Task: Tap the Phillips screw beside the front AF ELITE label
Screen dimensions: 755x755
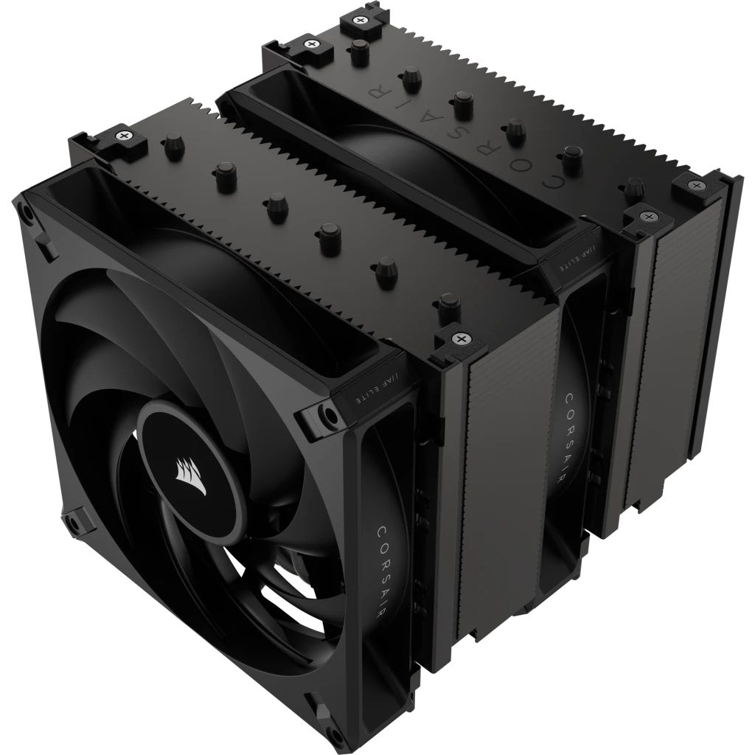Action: pyautogui.click(x=462, y=339)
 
